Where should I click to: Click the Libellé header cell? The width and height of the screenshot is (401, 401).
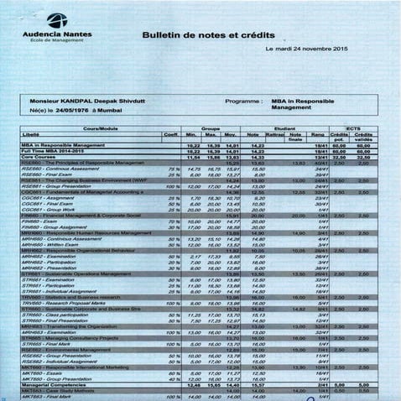[34, 133]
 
